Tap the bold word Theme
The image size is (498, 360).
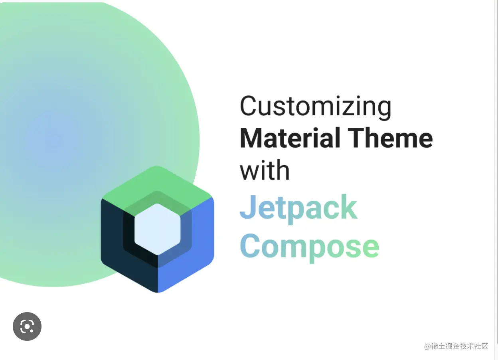coord(390,138)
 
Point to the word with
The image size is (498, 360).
coord(265,170)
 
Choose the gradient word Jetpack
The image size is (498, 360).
coord(298,209)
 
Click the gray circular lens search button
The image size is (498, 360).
coord(27,326)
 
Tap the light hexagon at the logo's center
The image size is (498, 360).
coord(157,229)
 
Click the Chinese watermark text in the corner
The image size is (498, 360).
coord(456,346)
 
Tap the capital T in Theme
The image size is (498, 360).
coord(357,138)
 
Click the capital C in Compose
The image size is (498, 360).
coord(250,245)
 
